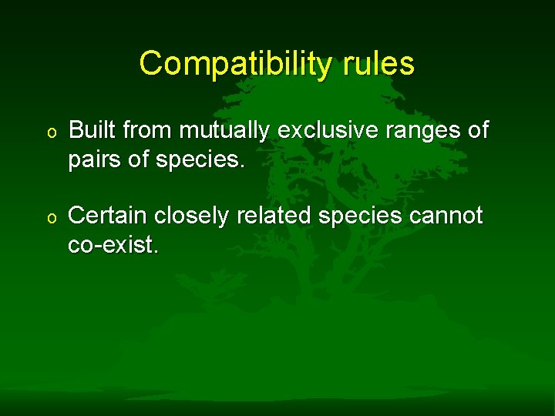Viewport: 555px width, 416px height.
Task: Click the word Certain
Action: point(104,216)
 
